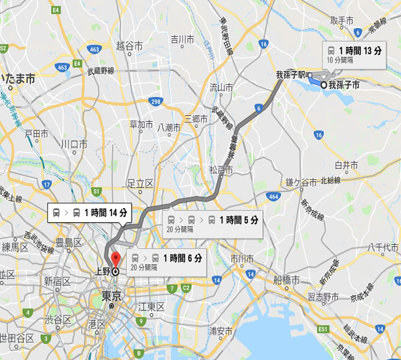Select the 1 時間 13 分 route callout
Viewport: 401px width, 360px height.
tap(354, 54)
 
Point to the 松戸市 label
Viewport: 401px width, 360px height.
tap(221, 171)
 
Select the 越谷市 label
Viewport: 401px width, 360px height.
tap(130, 46)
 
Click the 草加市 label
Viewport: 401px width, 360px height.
tap(141, 125)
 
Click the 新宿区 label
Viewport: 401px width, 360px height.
tap(57, 281)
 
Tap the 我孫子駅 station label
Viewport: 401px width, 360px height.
tap(291, 75)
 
